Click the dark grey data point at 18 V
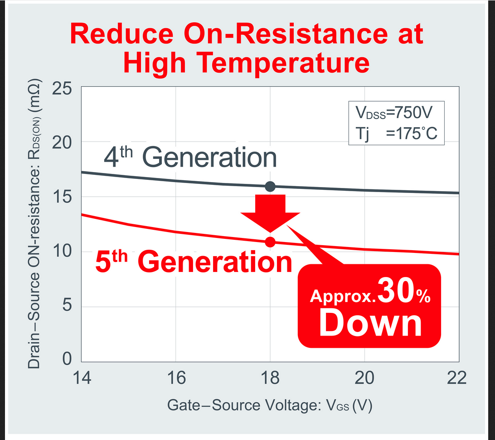tap(270, 186)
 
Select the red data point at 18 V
tap(270, 242)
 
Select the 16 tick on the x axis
tap(175, 378)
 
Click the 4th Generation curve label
tap(190, 158)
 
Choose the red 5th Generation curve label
tap(194, 262)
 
